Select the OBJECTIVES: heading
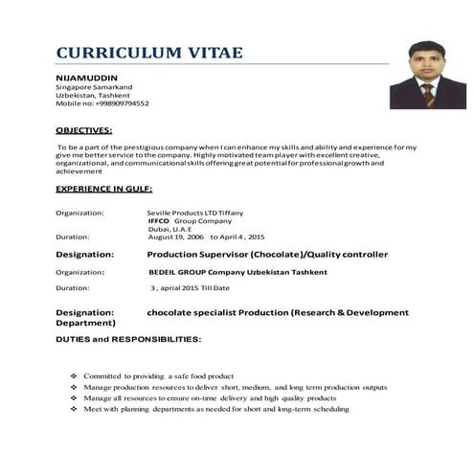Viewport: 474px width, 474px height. click(x=83, y=128)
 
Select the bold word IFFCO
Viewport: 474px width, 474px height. click(x=159, y=220)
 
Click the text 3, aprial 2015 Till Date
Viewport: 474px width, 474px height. click(x=191, y=287)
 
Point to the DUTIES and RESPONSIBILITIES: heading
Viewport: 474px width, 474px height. click(x=128, y=340)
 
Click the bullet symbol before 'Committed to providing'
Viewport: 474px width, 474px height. click(x=74, y=376)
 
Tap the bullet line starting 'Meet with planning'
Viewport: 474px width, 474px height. click(x=215, y=409)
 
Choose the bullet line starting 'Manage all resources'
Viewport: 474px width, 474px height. click(x=210, y=398)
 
